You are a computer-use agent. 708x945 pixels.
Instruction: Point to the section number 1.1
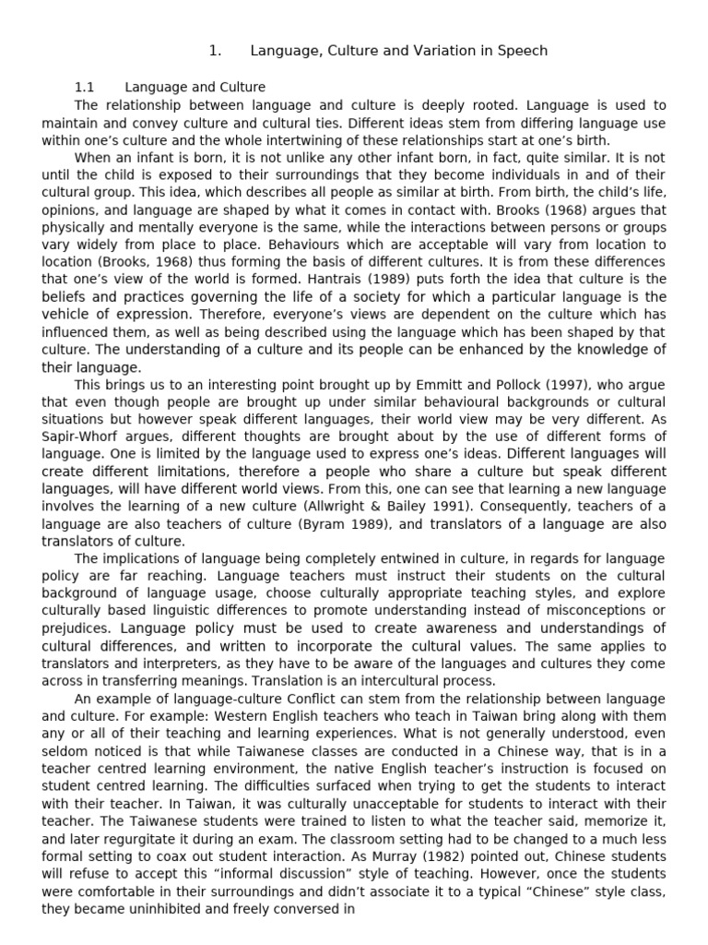click(86, 88)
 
